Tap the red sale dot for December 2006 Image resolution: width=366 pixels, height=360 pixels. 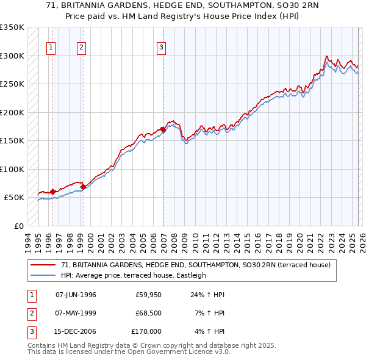tap(163, 129)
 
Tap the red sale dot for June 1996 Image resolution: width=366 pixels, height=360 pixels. tap(52, 192)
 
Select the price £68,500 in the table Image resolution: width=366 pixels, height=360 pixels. tap(148, 313)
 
